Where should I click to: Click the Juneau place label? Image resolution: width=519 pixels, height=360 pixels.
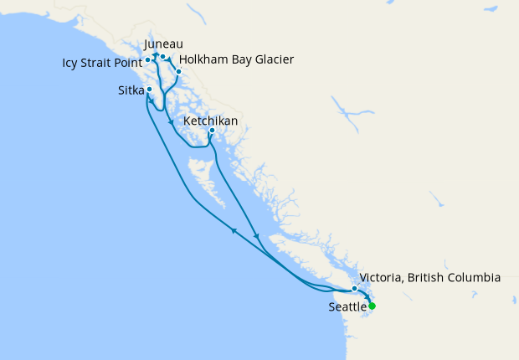[x=163, y=44]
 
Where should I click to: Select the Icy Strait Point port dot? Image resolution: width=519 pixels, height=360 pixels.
[x=147, y=60]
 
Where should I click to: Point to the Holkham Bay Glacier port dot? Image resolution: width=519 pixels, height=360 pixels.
[x=178, y=71]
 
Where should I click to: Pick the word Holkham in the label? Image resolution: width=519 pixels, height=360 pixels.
[x=203, y=59]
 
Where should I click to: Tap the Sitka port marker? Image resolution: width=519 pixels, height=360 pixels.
[x=149, y=90]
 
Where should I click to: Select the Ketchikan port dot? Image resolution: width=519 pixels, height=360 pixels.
[x=212, y=131]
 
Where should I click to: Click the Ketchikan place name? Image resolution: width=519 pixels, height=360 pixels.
[x=210, y=121]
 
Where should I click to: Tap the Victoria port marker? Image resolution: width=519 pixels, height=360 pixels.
[x=355, y=289]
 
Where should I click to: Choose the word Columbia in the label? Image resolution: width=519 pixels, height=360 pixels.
[x=474, y=277]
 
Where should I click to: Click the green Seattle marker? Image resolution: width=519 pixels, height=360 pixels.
[x=372, y=306]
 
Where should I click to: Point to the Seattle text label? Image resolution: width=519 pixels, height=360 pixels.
[x=347, y=308]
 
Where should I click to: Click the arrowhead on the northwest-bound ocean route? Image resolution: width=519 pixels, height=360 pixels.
[x=234, y=230]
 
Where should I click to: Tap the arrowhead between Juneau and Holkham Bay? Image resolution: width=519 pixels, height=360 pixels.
[x=170, y=59]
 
